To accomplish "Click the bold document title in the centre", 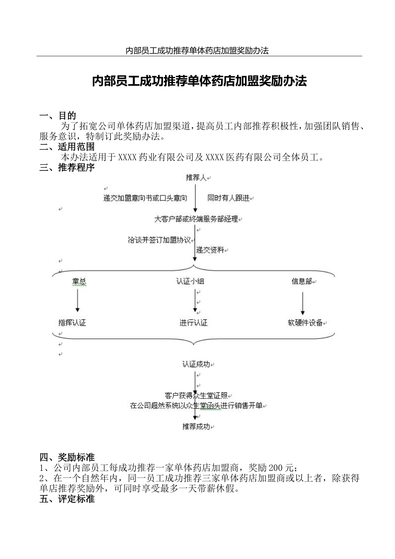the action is [x=199, y=81].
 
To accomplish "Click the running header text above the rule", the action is [x=197, y=51].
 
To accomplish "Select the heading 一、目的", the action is [x=57, y=116].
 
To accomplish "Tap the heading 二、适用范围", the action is [x=67, y=147].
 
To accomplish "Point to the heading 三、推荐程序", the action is [x=67, y=168].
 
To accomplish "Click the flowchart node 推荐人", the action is [x=196, y=178].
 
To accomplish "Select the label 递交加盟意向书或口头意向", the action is [x=145, y=198].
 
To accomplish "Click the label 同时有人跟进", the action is [x=229, y=198].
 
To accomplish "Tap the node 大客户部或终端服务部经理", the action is [x=196, y=219].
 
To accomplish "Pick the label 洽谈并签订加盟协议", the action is [x=159, y=240].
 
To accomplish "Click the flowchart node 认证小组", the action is [x=190, y=282].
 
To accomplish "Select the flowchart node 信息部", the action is [x=301, y=282].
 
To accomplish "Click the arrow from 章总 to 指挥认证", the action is [x=77, y=301].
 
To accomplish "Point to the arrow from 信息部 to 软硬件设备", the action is [x=303, y=303].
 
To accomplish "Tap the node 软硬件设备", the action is [x=305, y=323].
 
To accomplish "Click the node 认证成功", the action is [x=196, y=364].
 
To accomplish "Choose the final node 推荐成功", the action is [x=196, y=427].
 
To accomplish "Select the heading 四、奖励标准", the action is [x=67, y=458].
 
